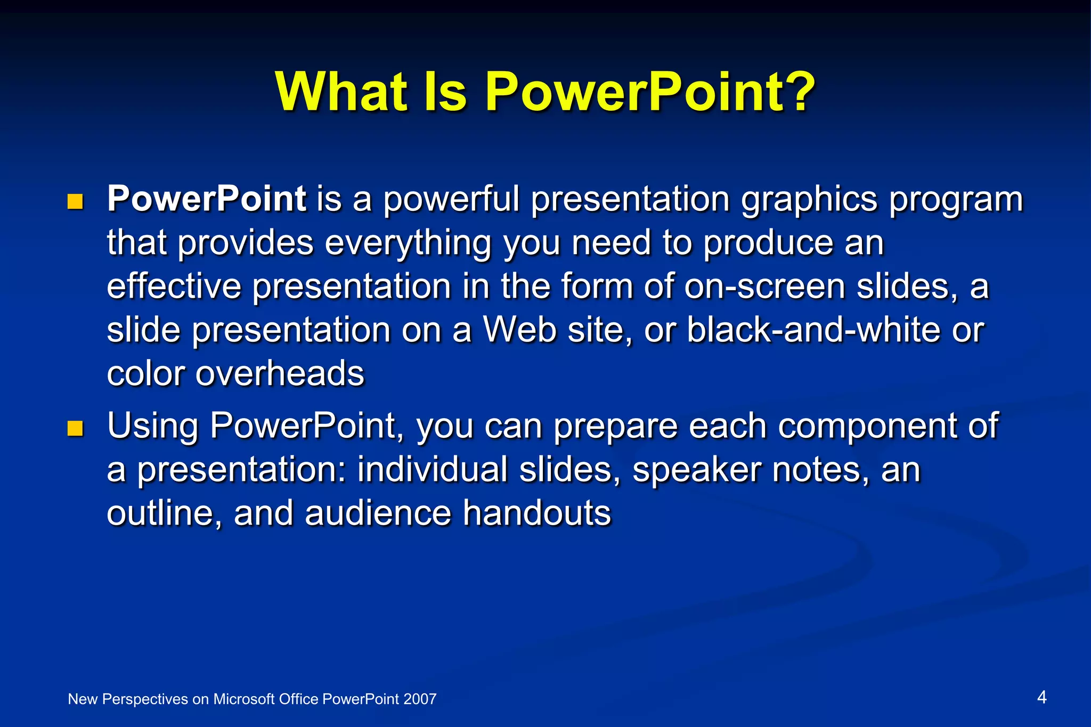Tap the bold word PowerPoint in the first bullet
[207, 199]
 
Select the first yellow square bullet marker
[76, 201]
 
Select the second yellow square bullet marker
[76, 428]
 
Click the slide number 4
[1042, 697]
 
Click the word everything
[408, 243]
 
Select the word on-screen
[764, 287]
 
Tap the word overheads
[280, 373]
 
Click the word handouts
[537, 513]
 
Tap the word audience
[378, 513]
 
